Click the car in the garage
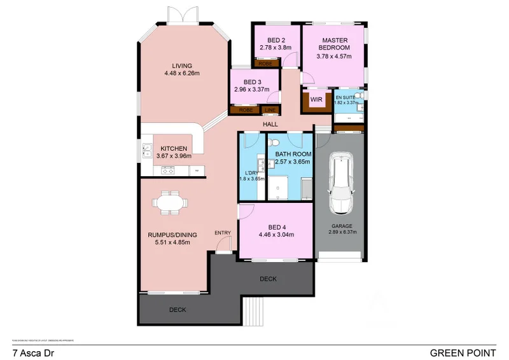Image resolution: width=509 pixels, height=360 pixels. coord(340,184)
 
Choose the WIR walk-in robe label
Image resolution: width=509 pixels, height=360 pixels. coord(315,99)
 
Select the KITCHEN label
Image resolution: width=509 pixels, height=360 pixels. coord(173,148)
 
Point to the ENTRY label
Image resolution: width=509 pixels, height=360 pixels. coord(222,232)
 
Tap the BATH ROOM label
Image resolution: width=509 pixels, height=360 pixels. coord(293,154)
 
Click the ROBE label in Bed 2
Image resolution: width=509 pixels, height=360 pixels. coord(264,64)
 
